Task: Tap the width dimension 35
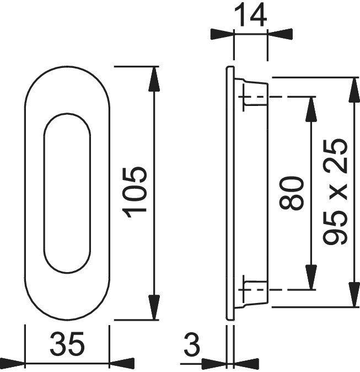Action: tap(67, 344)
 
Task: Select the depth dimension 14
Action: tap(251, 15)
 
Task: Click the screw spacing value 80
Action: tap(292, 193)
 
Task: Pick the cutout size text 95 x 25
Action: tap(335, 192)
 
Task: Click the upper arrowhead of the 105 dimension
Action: tap(154, 79)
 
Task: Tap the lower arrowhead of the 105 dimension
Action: tap(154, 307)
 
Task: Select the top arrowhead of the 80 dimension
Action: tap(311, 109)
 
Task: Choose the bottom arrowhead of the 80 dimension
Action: tap(311, 277)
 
